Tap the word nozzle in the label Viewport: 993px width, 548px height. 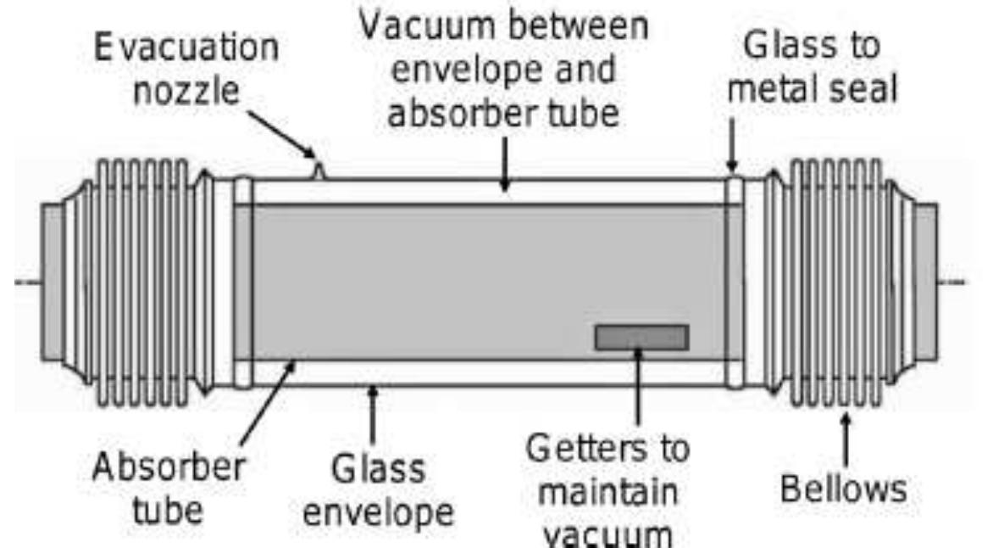[186, 91]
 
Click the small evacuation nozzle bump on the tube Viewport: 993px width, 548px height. [318, 171]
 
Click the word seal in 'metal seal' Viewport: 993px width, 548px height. [857, 88]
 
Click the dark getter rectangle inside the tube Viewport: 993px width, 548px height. [641, 337]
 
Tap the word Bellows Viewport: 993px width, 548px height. [843, 489]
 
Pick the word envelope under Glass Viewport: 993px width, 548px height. [379, 512]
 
